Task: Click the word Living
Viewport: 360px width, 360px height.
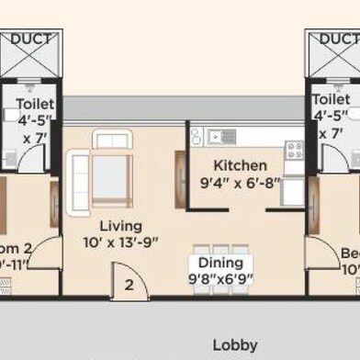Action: click(120, 226)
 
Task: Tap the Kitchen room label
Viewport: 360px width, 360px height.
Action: click(234, 166)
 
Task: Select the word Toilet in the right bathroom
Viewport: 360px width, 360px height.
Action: click(331, 98)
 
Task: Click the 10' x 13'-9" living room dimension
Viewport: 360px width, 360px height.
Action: click(121, 242)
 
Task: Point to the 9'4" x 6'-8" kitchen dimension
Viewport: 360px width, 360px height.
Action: click(235, 183)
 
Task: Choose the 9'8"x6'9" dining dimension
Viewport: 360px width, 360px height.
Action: click(221, 278)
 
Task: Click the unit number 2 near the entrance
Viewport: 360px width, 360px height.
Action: click(129, 285)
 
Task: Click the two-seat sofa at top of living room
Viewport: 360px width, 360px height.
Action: click(112, 139)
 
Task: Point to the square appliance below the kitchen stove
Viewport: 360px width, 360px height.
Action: click(292, 191)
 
